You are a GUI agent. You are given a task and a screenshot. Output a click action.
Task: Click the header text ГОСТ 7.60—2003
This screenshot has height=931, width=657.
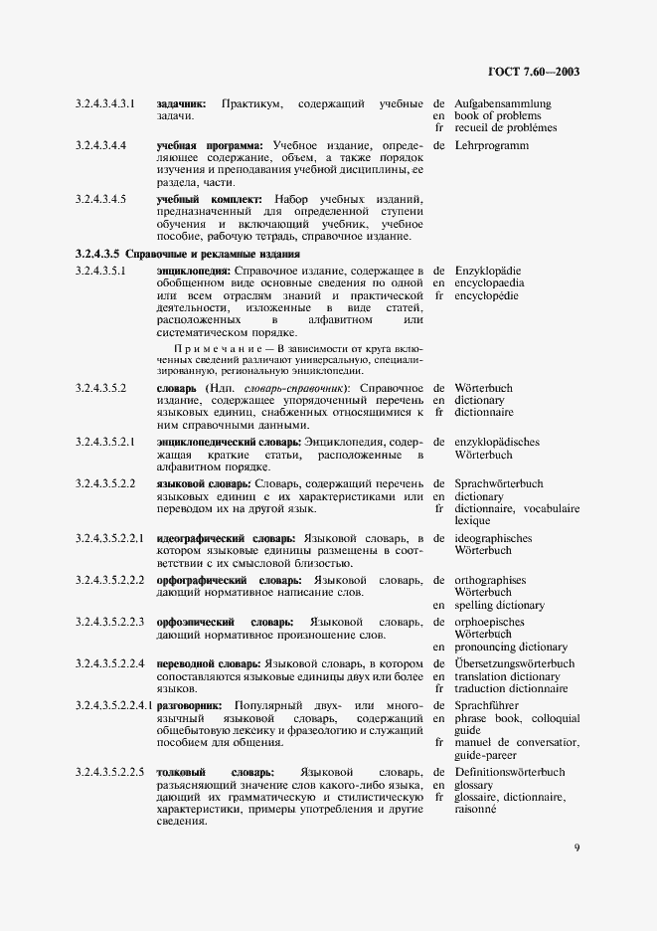click(x=534, y=72)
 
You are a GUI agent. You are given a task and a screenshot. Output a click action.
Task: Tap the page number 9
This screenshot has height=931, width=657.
click(x=576, y=847)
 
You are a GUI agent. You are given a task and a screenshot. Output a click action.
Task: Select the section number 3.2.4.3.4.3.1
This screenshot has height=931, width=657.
click(x=106, y=103)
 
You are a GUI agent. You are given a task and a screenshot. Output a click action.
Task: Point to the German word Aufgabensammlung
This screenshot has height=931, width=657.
click(x=503, y=103)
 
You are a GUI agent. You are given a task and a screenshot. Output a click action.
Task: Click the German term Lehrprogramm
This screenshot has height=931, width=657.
click(x=492, y=145)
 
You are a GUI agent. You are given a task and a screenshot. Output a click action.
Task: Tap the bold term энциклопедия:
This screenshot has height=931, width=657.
click(x=194, y=271)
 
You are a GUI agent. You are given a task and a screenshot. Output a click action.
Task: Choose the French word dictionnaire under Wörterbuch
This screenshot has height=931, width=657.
click(x=484, y=412)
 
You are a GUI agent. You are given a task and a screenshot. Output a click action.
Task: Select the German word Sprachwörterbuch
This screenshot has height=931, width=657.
click(x=499, y=483)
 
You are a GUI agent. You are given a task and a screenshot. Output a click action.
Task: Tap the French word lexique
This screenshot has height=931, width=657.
click(x=472, y=520)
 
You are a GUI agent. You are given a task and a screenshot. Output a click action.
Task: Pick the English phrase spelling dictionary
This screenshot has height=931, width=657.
click(x=500, y=605)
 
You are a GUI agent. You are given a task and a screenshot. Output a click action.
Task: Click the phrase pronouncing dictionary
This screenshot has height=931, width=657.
click(x=510, y=647)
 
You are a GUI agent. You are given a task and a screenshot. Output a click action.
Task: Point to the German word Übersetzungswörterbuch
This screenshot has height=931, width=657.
click(x=514, y=663)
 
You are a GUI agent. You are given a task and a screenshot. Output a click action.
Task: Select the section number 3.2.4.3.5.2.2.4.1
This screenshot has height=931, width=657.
click(x=113, y=705)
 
